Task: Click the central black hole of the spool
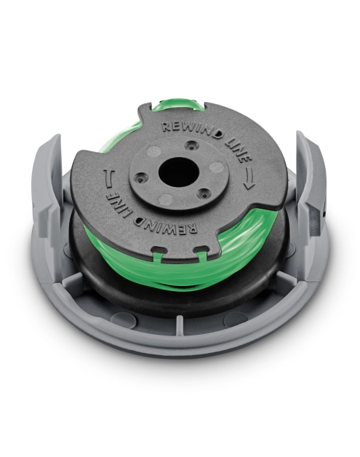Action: pyautogui.click(x=178, y=172)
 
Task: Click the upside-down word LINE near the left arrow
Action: pyautogui.click(x=119, y=204)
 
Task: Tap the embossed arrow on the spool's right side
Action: pyautogui.click(x=249, y=178)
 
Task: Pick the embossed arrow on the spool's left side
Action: pyautogui.click(x=108, y=178)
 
